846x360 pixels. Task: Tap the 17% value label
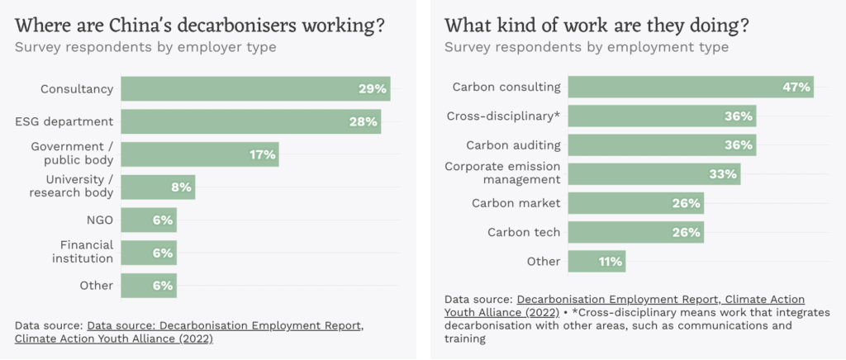click(263, 154)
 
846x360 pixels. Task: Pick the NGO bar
click(149, 220)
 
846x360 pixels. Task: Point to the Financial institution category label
click(87, 252)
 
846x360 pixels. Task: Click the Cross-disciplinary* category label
click(503, 116)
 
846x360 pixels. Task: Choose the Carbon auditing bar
click(662, 144)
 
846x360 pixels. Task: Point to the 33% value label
click(723, 174)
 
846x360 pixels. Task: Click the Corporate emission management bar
click(654, 174)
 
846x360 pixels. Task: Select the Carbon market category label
click(516, 203)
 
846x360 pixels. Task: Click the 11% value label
click(611, 262)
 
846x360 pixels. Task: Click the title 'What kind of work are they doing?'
click(596, 26)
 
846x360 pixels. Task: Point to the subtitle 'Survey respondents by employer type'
click(145, 47)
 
